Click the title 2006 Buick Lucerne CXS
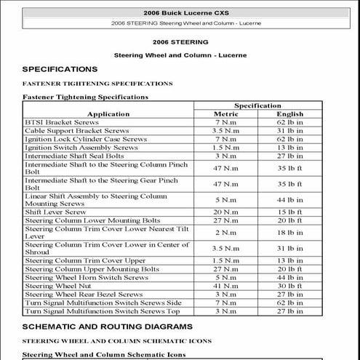pyautogui.click(x=180, y=13)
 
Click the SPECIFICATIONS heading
pyautogui.click(x=60, y=69)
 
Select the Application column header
pyautogui.click(x=108, y=114)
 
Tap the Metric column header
pyautogui.click(x=225, y=114)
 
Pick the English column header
pyautogui.click(x=290, y=114)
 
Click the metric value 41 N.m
pyautogui.click(x=225, y=286)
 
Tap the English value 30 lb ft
pyautogui.click(x=290, y=286)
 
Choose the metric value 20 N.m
pyautogui.click(x=225, y=212)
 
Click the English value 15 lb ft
pyautogui.click(x=290, y=212)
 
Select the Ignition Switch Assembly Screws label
pyautogui.click(x=81, y=147)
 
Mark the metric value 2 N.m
pyautogui.click(x=225, y=232)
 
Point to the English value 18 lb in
pyautogui.click(x=290, y=232)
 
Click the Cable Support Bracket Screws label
pyautogui.click(x=76, y=131)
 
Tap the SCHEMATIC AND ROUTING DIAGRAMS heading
pyautogui.click(x=108, y=327)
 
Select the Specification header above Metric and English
pyautogui.click(x=257, y=105)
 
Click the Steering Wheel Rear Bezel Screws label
pyautogui.click(x=84, y=294)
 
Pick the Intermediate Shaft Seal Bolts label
pyautogui.click(x=74, y=156)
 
